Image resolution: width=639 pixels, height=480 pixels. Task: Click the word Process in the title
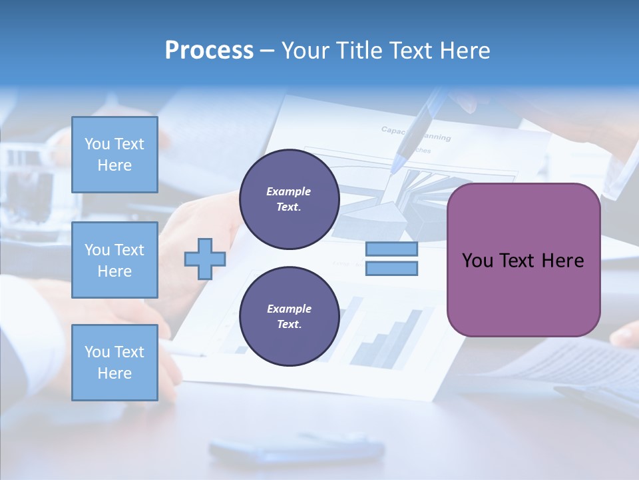coord(209,50)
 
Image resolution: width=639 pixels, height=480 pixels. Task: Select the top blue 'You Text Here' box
coord(114,155)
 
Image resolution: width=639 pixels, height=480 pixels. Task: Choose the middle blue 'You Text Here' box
coord(114,260)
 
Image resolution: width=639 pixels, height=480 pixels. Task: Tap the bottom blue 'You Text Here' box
coord(114,363)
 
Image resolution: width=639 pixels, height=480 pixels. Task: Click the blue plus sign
coord(204,258)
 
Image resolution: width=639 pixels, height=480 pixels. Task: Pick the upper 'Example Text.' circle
coord(289,199)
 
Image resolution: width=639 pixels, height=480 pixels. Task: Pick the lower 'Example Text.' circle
coord(289,317)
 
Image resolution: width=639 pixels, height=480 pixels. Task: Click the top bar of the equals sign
coord(391,249)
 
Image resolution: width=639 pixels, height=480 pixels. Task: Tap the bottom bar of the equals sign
coord(391,268)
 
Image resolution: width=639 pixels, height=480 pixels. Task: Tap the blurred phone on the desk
coord(296,448)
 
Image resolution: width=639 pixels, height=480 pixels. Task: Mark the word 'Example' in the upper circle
coord(288,191)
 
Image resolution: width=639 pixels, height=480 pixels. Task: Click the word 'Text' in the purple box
coord(521,261)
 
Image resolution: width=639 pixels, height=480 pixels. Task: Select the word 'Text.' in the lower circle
coord(289,324)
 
